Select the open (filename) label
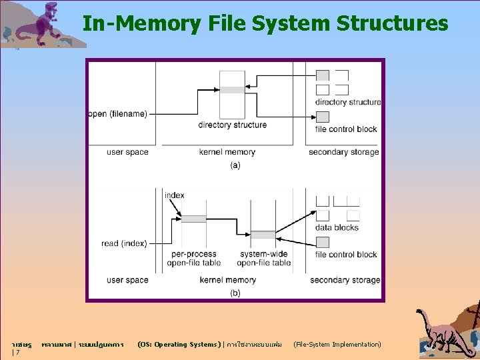pos(117,114)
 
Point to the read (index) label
pos(124,243)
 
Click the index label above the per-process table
pos(175,195)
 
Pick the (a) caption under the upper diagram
pos(235,165)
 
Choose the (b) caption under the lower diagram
pos(235,293)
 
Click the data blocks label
pos(337,227)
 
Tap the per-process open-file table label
pos(194,258)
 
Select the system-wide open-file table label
pos(265,258)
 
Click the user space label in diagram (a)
pos(127,152)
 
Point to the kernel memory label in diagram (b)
pos(227,280)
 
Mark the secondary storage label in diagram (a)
pos(343,152)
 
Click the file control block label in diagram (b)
pos(346,254)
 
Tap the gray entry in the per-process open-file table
pos(194,219)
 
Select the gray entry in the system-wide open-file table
pos(263,235)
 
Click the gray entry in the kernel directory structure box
pos(233,90)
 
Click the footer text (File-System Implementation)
pos(337,345)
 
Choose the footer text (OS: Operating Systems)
pos(177,345)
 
